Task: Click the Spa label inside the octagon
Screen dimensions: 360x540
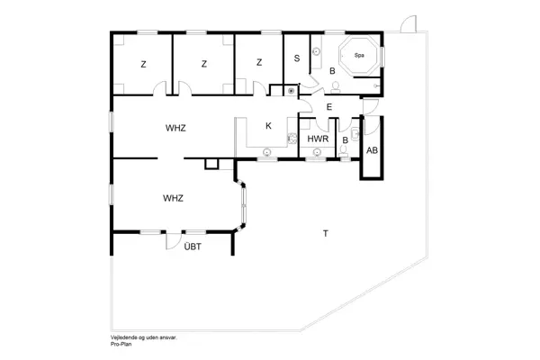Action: [359, 55]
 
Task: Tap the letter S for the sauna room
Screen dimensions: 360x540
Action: [296, 58]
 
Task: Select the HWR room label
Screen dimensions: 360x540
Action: [317, 139]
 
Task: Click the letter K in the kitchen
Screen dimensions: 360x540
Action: [268, 126]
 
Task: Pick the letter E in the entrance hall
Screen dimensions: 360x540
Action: [329, 108]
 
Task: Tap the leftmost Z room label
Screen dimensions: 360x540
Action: [143, 64]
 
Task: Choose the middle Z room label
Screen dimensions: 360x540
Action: [204, 64]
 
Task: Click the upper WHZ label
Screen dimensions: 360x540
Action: [175, 128]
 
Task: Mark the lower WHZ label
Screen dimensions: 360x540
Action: [173, 197]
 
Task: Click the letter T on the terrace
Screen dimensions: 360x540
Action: [324, 235]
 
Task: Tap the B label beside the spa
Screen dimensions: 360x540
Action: [332, 70]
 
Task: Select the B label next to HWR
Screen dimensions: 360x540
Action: [346, 140]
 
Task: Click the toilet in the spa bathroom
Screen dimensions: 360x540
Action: [335, 87]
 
